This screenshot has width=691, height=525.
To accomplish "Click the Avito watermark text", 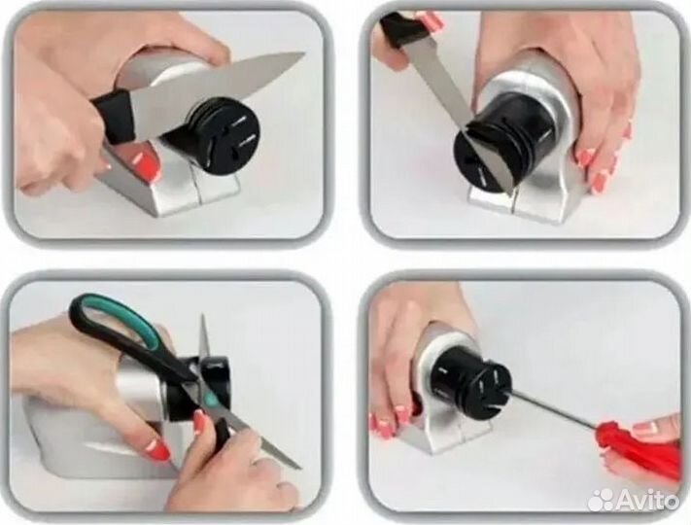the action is click(x=647, y=501).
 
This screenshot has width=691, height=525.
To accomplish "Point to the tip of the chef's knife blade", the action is click(x=304, y=54).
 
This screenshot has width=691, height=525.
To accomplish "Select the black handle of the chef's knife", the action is click(x=114, y=117).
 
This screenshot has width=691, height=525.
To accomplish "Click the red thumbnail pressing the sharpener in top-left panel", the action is click(x=147, y=162).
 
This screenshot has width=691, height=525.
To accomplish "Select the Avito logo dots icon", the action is click(x=602, y=501).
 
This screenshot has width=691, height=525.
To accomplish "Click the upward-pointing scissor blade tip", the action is click(x=202, y=316).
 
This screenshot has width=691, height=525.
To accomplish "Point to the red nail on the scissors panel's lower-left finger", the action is click(x=157, y=448).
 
